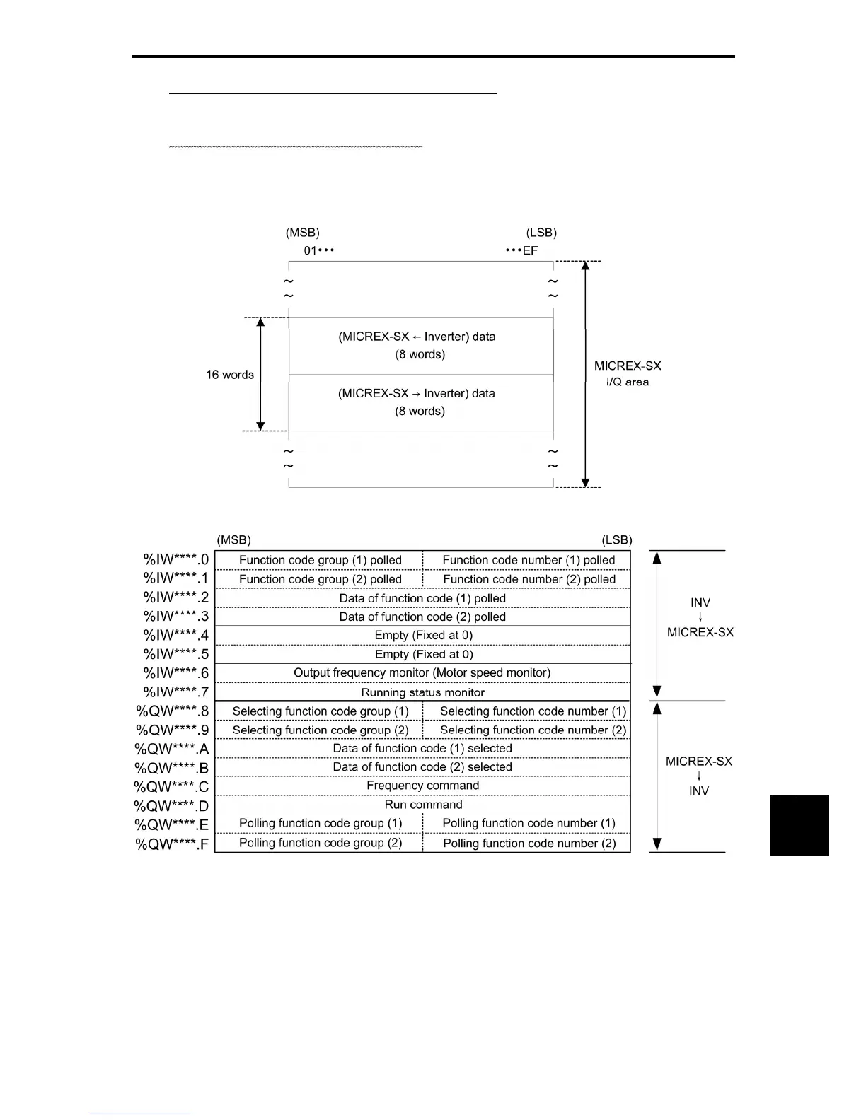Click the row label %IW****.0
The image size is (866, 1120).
click(176, 560)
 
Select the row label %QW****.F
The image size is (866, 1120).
click(173, 844)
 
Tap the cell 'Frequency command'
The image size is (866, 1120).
click(422, 786)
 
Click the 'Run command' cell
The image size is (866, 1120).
click(423, 805)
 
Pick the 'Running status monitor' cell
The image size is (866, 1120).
click(422, 692)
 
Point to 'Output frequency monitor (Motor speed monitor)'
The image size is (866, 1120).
click(422, 672)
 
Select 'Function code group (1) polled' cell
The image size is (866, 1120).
click(320, 560)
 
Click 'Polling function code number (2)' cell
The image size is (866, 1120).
click(529, 843)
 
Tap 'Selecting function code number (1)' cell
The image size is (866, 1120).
click(533, 711)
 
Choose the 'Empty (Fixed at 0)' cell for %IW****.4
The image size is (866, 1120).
click(423, 635)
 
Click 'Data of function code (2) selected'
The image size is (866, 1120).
click(422, 766)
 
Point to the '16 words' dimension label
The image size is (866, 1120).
click(229, 375)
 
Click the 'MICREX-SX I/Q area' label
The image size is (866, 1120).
click(628, 373)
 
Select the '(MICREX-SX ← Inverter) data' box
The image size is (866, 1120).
click(420, 346)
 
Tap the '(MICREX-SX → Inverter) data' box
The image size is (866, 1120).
click(420, 402)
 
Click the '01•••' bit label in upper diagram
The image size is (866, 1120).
click(318, 250)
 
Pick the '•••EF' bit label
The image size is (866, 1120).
click(522, 250)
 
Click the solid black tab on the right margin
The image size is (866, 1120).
click(799, 824)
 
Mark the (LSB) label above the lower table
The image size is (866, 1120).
click(616, 540)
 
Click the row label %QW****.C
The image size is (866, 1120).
click(172, 786)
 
